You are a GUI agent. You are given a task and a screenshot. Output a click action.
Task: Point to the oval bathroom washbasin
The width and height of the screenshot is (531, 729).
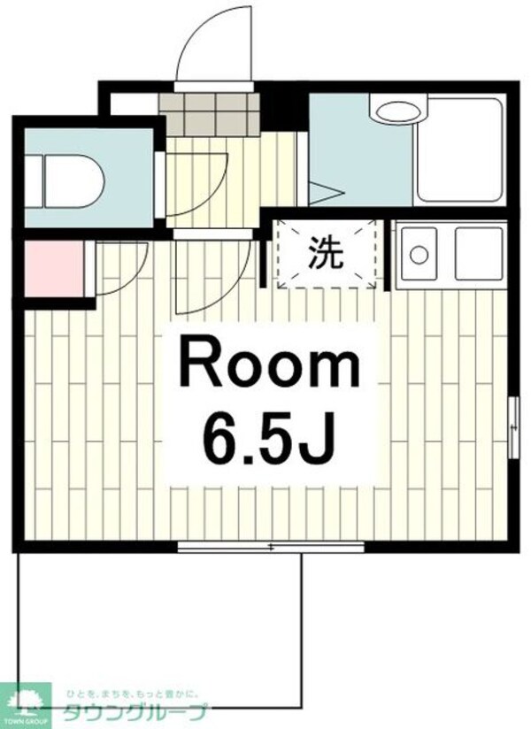pyautogui.click(x=399, y=113)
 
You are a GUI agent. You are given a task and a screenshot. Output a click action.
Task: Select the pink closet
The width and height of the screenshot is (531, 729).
pyautogui.click(x=54, y=270)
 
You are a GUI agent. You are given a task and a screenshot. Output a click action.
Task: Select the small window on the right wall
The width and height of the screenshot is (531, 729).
pyautogui.click(x=512, y=426)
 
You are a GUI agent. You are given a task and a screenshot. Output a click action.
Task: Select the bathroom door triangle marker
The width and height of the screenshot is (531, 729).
pyautogui.click(x=319, y=192)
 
